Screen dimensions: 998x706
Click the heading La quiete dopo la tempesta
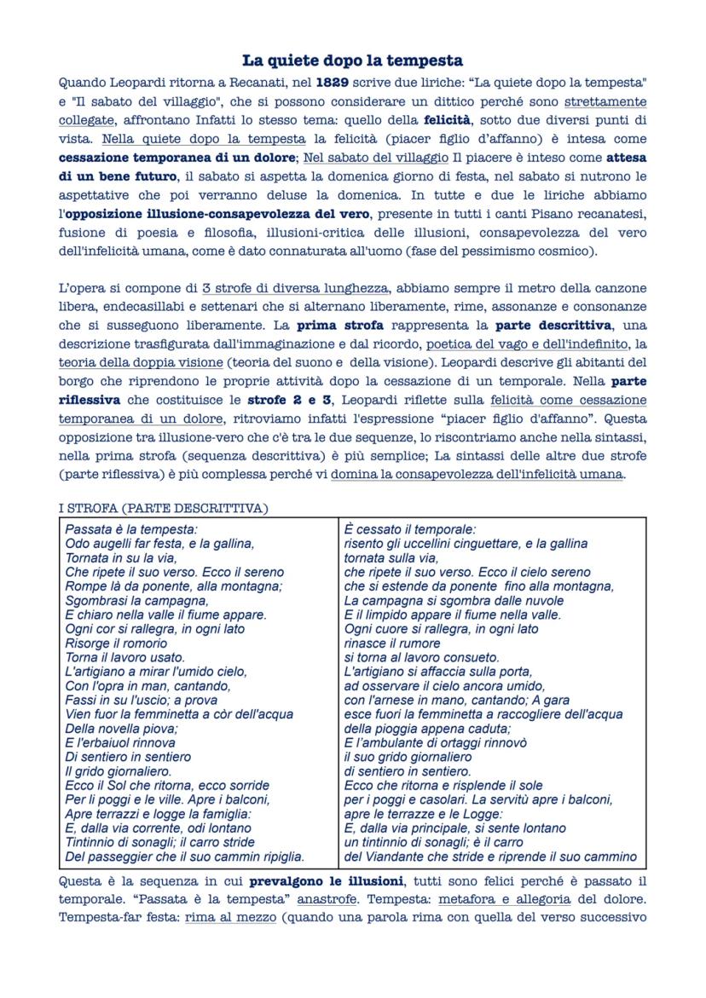pos(352,61)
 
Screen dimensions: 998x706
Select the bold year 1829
pos(333,84)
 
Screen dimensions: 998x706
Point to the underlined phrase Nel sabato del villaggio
pos(375,158)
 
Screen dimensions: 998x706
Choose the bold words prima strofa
pos(339,325)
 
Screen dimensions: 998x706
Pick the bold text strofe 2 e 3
pos(287,400)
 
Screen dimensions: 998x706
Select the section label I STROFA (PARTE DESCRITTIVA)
pos(163,509)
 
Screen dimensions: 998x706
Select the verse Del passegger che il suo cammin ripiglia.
pos(185,857)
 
